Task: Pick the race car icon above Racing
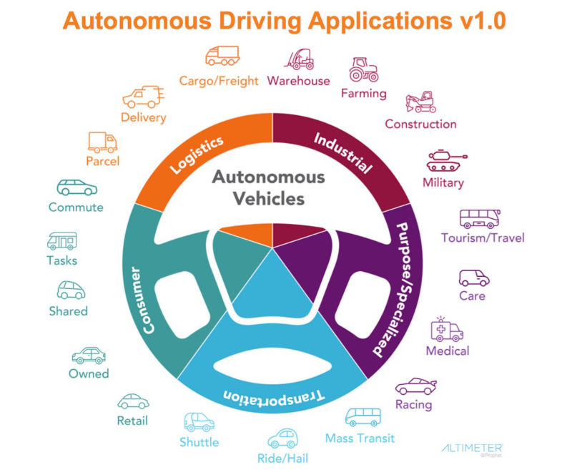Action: click(416, 386)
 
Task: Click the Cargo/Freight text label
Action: click(219, 81)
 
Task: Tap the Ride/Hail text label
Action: click(282, 458)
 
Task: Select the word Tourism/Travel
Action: click(483, 238)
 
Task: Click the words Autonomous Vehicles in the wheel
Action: click(267, 187)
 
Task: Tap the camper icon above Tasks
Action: click(61, 240)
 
